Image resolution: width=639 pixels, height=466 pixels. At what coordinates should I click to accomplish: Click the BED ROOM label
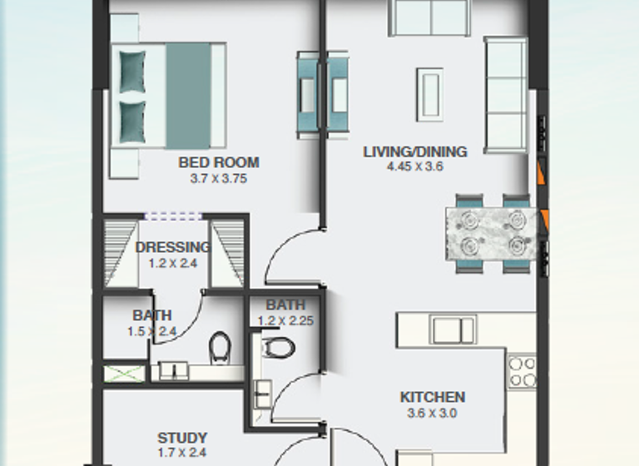coord(219,163)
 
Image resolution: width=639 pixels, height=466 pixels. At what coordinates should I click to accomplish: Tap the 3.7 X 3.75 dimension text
coord(219,178)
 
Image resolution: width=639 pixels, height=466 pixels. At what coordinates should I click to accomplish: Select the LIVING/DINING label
coord(415,151)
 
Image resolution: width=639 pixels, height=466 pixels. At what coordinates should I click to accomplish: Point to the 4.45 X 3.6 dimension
coord(415,166)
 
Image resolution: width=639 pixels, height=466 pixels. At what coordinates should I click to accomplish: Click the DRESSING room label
coord(172,247)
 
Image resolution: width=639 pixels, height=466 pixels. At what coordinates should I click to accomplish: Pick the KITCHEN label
coord(432,397)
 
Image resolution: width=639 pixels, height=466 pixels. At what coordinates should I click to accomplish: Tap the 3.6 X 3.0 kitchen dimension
coord(432,412)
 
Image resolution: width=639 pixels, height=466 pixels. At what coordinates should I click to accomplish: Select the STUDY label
coord(182,438)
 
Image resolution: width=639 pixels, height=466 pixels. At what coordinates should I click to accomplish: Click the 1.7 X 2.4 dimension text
coord(182,453)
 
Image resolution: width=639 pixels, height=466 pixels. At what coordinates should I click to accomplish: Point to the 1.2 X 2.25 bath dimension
coord(285,320)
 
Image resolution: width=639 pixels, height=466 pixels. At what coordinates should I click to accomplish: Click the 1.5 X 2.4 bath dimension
coord(152,331)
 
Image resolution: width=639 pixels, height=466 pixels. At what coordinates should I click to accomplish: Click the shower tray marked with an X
coord(122,374)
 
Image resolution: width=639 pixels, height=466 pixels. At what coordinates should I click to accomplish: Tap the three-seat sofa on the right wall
coord(505,94)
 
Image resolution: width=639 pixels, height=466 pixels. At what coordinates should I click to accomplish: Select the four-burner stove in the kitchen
coord(522,372)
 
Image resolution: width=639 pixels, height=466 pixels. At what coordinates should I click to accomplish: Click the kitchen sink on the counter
coord(453,330)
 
